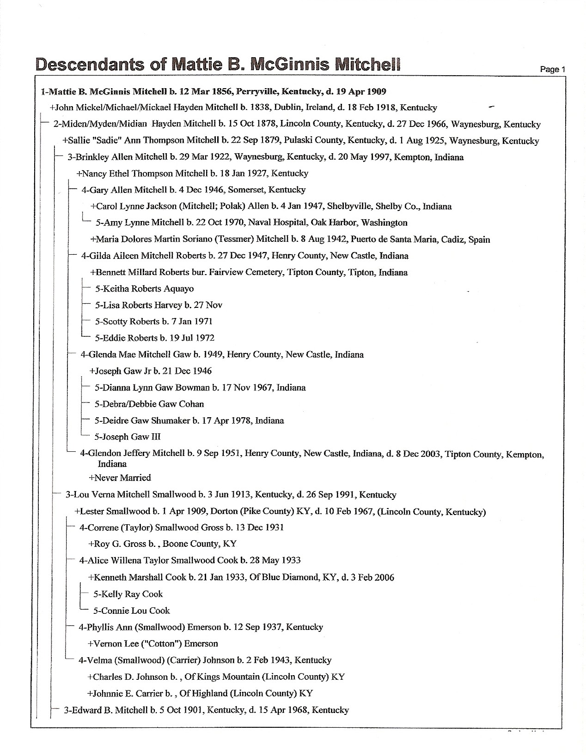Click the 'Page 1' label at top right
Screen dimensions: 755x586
coord(553,69)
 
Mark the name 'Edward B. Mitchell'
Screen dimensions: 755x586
coord(109,710)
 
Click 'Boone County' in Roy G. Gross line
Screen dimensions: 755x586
coord(190,544)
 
